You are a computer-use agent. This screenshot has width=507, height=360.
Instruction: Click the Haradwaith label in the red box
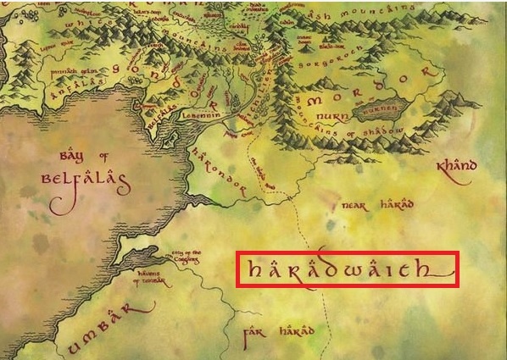click(x=348, y=270)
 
